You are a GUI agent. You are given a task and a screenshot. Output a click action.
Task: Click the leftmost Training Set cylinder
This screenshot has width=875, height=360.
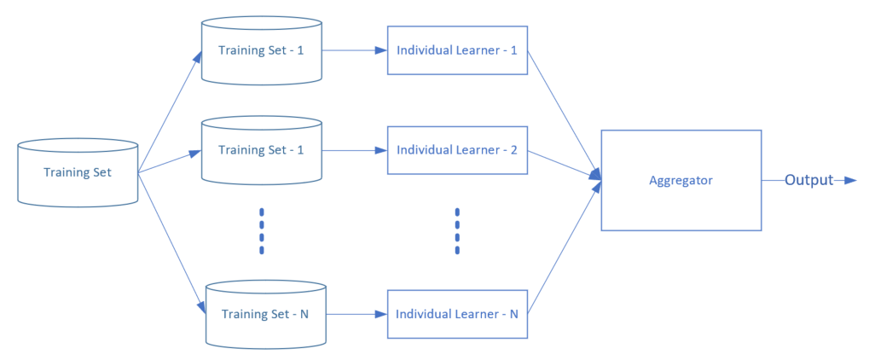point(78,172)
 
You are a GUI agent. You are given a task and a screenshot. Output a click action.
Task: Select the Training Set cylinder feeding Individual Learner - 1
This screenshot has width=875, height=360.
point(261,50)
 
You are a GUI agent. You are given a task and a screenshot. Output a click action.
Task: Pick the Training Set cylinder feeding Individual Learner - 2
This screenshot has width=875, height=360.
point(261,150)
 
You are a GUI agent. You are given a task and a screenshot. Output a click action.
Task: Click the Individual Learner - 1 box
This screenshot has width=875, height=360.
point(457,50)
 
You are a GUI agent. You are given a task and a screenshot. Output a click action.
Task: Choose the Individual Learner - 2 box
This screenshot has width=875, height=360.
point(457,150)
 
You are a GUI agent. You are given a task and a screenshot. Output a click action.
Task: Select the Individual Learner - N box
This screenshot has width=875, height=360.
point(457,314)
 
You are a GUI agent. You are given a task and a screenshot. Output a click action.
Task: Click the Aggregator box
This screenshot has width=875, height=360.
point(681,180)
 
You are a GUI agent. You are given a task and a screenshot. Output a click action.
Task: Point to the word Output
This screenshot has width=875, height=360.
point(808,180)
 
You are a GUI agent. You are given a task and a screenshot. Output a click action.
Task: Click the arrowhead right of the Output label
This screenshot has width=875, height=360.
point(849,180)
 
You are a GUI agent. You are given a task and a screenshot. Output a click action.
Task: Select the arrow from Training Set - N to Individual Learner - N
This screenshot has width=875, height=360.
point(354,314)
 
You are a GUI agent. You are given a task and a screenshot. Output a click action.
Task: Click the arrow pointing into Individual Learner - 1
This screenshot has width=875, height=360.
point(354,50)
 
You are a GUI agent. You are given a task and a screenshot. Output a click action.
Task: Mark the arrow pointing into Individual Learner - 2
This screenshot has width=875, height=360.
point(354,150)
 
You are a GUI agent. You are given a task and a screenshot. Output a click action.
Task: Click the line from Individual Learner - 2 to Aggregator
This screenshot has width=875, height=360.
point(563,164)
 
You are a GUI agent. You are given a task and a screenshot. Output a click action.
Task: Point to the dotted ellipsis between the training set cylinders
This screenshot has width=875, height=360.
point(262,230)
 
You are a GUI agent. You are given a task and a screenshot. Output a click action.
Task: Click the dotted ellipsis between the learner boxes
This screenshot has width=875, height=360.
point(457,230)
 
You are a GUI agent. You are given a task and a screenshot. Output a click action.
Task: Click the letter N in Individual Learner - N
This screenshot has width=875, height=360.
point(513,314)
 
